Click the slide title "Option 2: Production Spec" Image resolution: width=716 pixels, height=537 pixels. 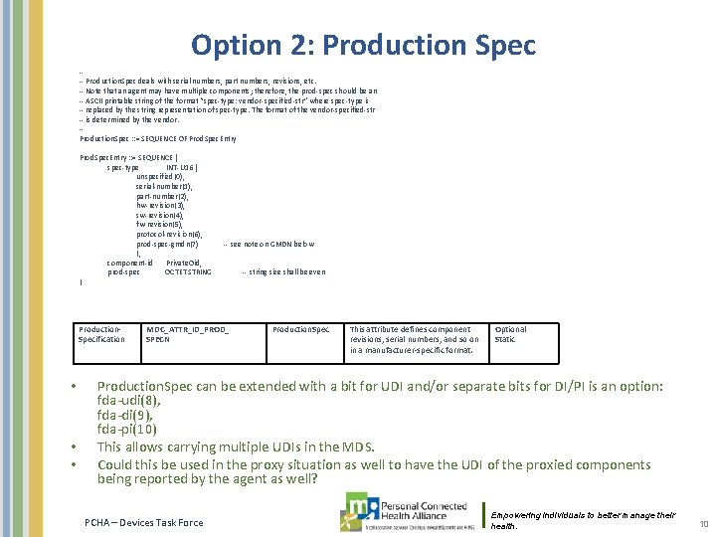pos(363,45)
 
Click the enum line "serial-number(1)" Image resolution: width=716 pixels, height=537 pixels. pos(164,186)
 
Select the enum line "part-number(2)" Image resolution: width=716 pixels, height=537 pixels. pos(162,196)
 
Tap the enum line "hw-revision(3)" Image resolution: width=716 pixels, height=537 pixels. pos(160,205)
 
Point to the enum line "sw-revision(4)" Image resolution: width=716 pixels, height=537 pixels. pos(160,215)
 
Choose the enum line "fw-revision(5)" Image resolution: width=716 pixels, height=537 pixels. pos(160,224)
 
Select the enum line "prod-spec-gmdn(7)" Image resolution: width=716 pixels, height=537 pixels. pos(168,243)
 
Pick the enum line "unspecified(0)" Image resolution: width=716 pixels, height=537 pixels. pos(160,176)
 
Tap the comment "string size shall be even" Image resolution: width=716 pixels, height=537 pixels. pos(283,270)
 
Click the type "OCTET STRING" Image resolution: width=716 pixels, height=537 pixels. pos(188,270)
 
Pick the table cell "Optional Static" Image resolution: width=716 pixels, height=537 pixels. pos(511,334)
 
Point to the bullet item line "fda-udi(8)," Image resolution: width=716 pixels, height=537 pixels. pos(124,401)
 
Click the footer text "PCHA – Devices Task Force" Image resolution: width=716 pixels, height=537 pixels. pos(144,522)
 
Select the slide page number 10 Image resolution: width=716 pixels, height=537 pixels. pos(703,523)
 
